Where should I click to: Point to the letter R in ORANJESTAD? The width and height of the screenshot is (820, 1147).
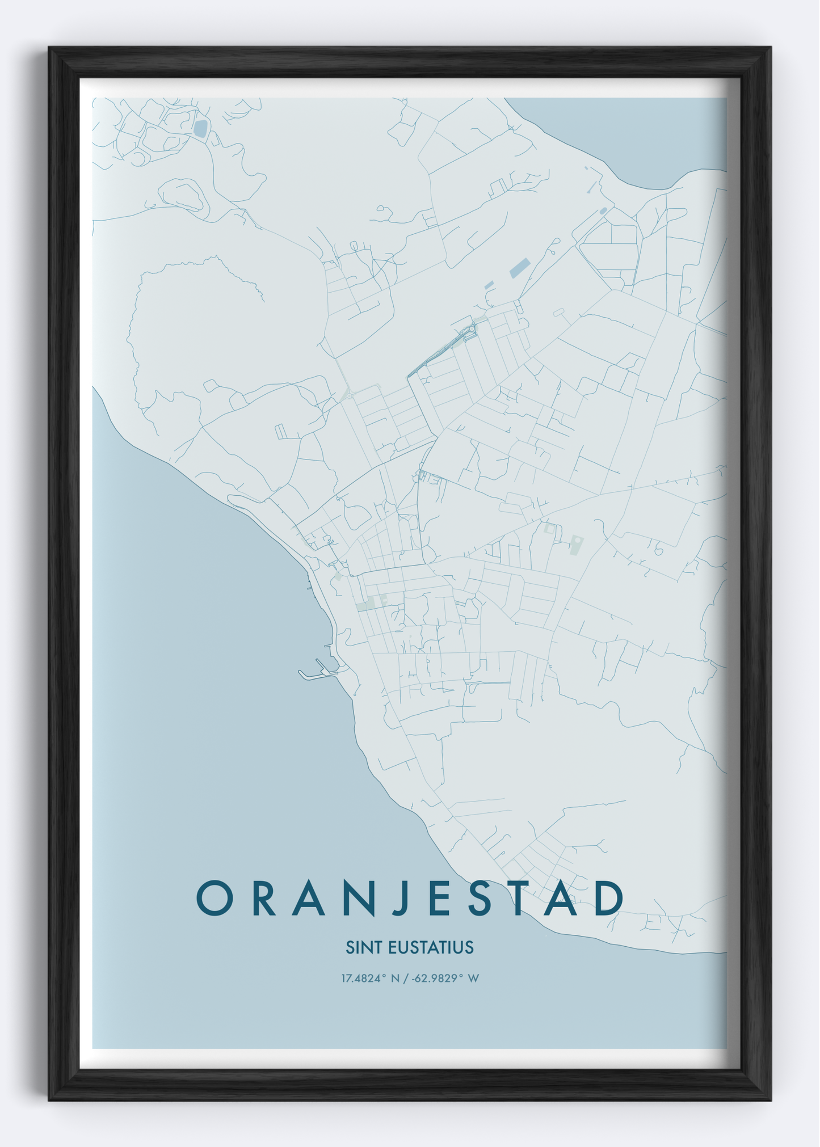click(x=264, y=899)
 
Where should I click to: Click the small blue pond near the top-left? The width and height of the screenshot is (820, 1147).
click(x=200, y=128)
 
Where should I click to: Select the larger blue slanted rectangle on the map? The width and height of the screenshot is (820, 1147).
click(x=520, y=268)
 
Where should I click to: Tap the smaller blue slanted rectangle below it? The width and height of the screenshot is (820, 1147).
click(x=489, y=285)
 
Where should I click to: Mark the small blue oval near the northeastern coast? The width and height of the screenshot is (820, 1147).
click(x=603, y=211)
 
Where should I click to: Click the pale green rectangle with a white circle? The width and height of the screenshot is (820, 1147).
click(x=576, y=545)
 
